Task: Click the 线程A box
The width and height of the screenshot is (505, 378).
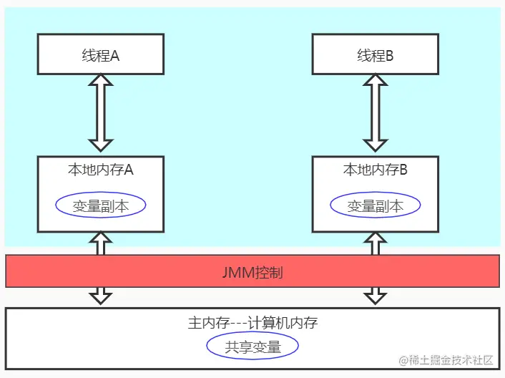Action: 100,55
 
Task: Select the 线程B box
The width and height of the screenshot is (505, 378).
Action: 376,55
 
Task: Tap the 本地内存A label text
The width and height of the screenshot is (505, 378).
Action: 100,170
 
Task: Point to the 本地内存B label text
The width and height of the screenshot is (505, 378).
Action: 376,170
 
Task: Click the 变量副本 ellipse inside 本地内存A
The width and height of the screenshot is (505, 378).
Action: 101,205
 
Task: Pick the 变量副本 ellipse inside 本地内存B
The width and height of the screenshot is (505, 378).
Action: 376,205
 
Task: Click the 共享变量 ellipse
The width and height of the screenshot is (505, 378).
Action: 252,347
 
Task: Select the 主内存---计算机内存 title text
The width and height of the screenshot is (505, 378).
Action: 252,323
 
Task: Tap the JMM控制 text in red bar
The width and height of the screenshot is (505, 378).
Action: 252,273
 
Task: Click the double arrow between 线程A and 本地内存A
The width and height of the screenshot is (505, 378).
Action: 100,115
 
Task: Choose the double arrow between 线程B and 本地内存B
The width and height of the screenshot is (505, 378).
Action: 376,115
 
